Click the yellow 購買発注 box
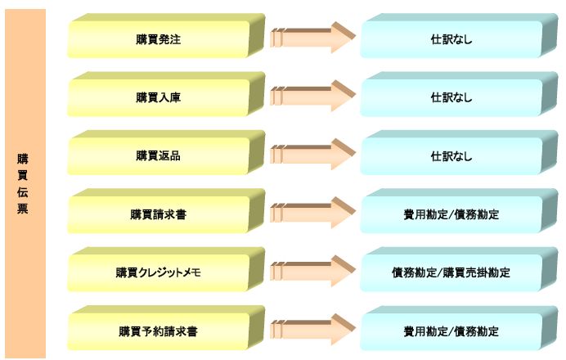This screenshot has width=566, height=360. point(166,36)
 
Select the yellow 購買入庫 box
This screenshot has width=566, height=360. point(166,94)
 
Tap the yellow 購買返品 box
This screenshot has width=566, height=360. point(166,153)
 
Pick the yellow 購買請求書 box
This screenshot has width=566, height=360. point(166,211)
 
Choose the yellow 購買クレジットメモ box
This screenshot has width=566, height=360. point(166,269)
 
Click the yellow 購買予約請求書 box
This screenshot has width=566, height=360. point(166,328)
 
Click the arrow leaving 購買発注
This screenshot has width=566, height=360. point(313,37)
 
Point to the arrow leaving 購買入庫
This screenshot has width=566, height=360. point(313,96)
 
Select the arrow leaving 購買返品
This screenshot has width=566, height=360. point(313,154)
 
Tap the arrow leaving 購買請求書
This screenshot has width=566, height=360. point(313,213)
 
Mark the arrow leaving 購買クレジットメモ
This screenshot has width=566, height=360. point(313,271)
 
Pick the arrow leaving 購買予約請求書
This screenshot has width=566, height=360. point(313,329)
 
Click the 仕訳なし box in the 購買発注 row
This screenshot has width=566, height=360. point(459,36)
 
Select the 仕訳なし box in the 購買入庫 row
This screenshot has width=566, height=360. point(459,94)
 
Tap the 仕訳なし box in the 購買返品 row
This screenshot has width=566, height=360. point(459,153)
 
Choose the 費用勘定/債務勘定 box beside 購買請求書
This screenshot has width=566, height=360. point(459,211)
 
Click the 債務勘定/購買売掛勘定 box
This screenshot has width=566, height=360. point(459,269)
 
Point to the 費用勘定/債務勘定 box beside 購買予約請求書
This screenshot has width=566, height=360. point(459,328)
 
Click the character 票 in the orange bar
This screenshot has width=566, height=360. point(22,209)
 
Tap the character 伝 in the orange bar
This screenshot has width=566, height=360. point(22,191)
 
